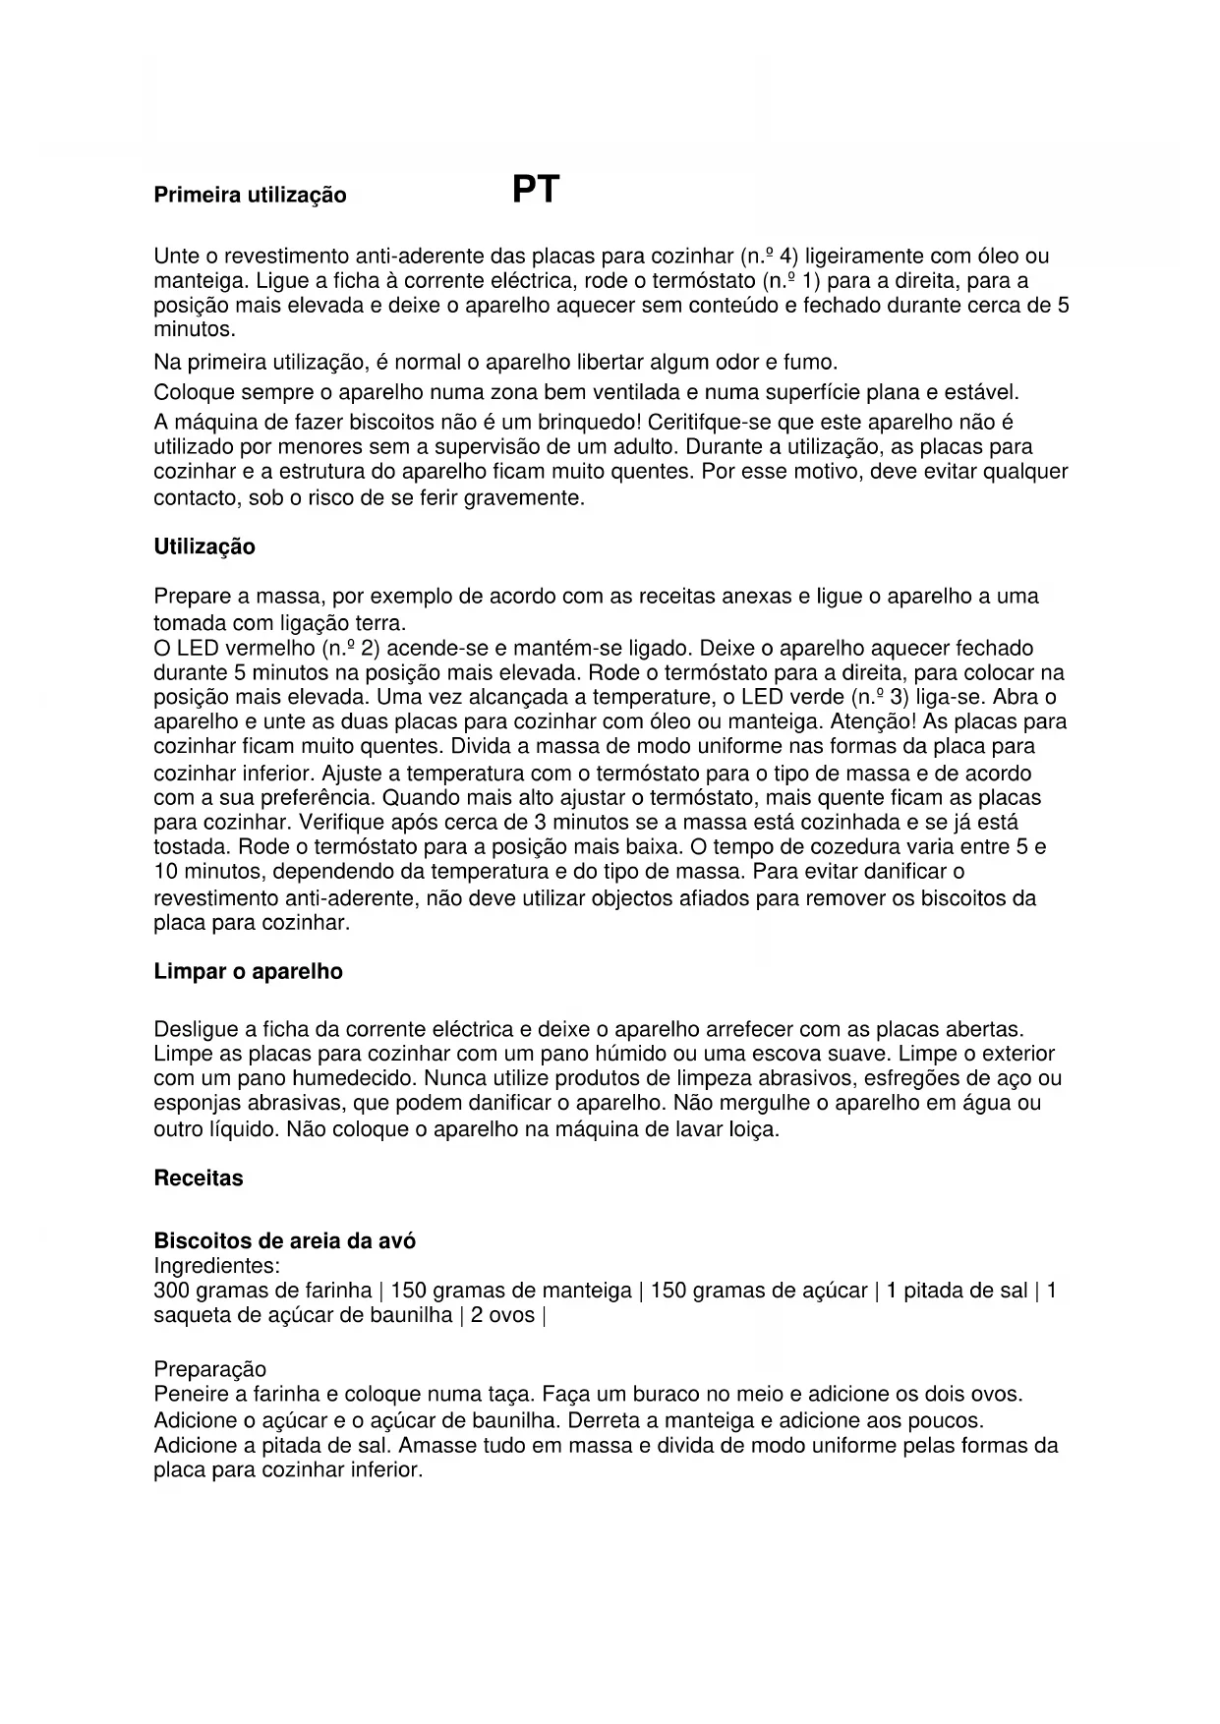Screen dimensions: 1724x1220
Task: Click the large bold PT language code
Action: [x=536, y=190]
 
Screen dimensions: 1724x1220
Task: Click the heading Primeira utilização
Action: [x=250, y=196]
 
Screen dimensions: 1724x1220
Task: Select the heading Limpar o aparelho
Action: [x=248, y=972]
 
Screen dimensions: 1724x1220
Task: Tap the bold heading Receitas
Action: [x=199, y=1178]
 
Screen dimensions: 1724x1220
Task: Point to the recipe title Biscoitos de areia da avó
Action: [x=284, y=1241]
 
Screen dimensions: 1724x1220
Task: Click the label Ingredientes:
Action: [x=216, y=1266]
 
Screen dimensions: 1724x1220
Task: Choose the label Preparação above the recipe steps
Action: [x=209, y=1369]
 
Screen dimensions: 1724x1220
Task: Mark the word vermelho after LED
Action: [x=269, y=649]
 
